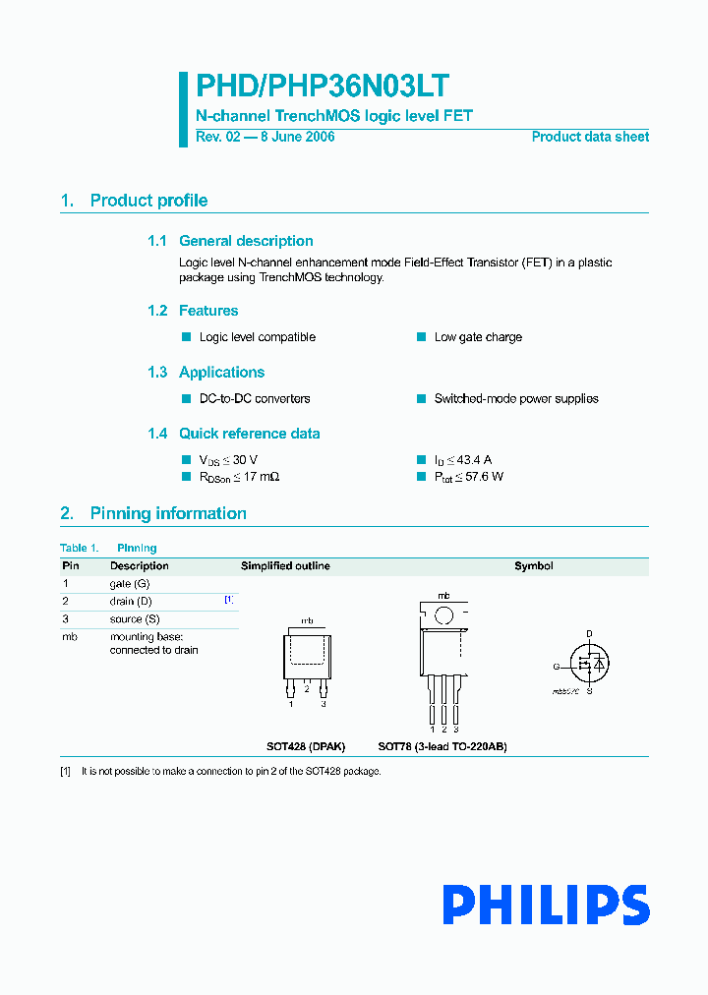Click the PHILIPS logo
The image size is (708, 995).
[545, 905]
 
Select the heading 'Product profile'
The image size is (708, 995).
[148, 201]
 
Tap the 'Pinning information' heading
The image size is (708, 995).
[168, 513]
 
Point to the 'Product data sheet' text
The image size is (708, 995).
[590, 137]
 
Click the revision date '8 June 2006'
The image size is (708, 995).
[296, 137]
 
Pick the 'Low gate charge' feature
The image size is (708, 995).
[478, 337]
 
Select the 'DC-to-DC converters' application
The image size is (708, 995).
[255, 399]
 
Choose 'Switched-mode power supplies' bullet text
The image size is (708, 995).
[516, 399]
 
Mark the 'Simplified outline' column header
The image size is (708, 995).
[285, 566]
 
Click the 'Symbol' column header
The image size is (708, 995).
[534, 566]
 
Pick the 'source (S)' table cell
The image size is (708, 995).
[135, 619]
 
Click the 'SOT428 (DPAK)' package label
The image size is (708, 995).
[306, 746]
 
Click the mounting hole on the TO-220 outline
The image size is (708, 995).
[443, 616]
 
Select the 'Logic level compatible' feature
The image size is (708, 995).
[258, 337]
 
